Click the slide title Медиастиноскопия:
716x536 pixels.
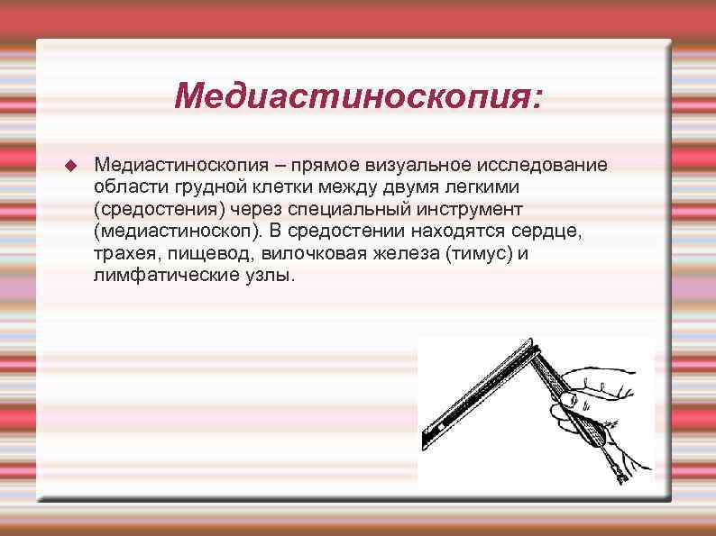tap(359, 95)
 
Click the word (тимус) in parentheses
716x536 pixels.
tap(474, 253)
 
